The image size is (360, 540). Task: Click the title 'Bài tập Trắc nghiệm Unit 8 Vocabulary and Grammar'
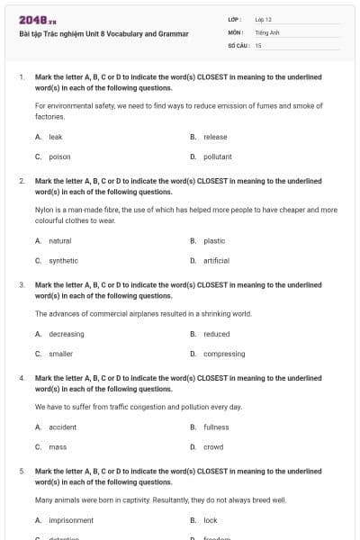[x=103, y=34]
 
